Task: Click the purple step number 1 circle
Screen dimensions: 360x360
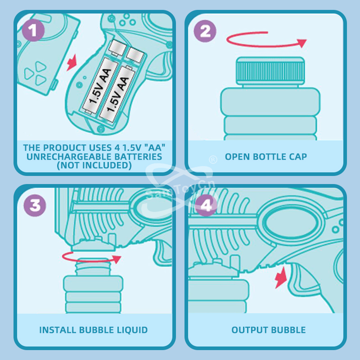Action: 33,30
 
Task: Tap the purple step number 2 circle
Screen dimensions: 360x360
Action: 205,31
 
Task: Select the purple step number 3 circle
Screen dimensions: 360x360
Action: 35,205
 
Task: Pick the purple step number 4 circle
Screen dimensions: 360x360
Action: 206,205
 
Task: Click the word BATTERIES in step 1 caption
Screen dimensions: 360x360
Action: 138,157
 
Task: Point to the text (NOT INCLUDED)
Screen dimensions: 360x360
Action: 94,165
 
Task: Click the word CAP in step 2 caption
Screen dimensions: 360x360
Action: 298,157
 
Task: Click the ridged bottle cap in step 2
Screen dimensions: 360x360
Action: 270,71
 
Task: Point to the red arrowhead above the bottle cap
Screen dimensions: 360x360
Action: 301,43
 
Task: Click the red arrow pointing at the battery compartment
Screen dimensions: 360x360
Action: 72,63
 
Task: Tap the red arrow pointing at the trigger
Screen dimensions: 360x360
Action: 281,277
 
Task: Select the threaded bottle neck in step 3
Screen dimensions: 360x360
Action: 93,267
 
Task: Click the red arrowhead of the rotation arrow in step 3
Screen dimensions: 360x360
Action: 117,259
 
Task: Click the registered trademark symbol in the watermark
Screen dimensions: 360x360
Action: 213,159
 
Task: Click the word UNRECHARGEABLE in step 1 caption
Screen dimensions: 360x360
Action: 69,157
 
